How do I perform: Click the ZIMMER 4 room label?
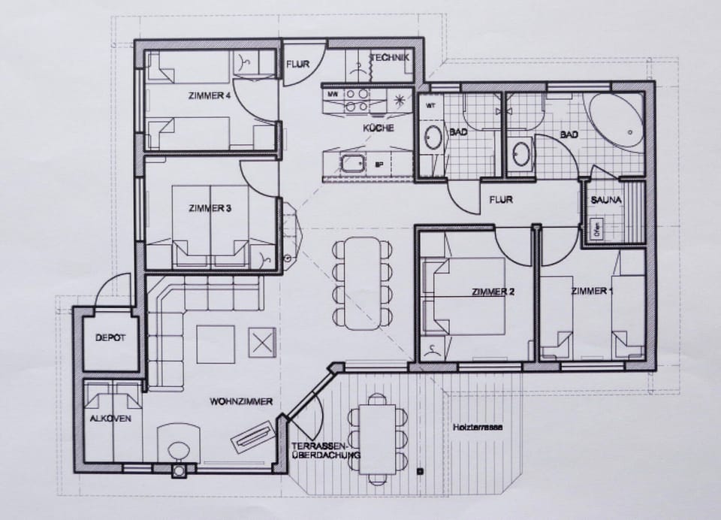coord(210,95)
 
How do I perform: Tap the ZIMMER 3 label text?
coord(210,208)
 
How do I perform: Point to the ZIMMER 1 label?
coord(592,291)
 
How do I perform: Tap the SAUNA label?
coord(605,201)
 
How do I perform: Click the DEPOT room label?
coord(110,338)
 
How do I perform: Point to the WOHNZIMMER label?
coord(241,401)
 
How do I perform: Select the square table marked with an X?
coord(261,343)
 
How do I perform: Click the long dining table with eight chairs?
coord(363,282)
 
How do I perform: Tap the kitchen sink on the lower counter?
coord(351,162)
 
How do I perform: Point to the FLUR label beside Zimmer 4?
coord(297,65)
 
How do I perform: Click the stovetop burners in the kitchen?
coord(356,101)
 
